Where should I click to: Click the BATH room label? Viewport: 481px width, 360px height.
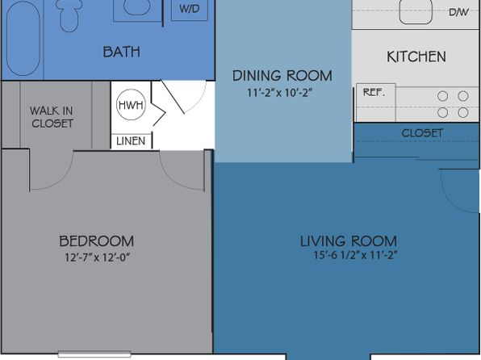pos(122,52)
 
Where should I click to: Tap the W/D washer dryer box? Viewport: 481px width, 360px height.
pos(190,9)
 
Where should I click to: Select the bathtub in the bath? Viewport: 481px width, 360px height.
pos(23,38)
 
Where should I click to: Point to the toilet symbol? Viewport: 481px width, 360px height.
pos(69,15)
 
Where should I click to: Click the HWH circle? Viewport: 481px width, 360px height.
pos(131,105)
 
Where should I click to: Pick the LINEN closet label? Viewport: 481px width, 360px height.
pos(131,141)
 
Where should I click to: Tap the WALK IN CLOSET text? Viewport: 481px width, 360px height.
pos(52,117)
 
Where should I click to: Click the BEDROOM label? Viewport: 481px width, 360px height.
pos(96,241)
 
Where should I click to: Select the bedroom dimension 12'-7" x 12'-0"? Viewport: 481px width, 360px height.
pos(97,257)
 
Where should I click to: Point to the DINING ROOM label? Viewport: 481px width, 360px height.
pos(282,76)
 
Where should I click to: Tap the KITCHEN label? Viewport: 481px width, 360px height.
pos(416,57)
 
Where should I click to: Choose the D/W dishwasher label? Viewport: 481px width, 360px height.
pos(458,12)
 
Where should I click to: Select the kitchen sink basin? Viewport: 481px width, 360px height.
pos(416,11)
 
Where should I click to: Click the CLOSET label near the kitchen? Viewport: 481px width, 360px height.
pos(422,133)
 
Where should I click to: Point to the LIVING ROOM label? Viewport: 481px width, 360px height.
pos(349,241)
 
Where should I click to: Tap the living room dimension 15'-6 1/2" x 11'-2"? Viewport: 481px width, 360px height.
pos(355,255)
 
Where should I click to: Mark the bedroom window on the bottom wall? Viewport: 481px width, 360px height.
pos(94,354)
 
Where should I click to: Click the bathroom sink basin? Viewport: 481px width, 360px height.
pos(137,7)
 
